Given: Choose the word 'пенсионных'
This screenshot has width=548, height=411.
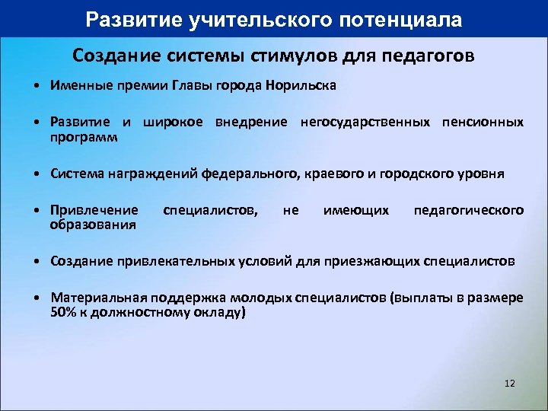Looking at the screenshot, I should point(483,122).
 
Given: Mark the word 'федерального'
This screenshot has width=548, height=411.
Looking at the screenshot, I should point(249,174).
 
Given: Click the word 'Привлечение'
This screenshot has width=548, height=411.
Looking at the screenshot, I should point(94,209).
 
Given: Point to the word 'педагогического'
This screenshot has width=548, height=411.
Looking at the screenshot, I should point(468,209).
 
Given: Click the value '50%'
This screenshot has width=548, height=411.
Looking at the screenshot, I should point(64,312).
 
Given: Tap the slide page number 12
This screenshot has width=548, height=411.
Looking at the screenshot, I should point(509,383).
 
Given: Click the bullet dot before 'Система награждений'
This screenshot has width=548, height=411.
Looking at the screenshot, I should point(37,174).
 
